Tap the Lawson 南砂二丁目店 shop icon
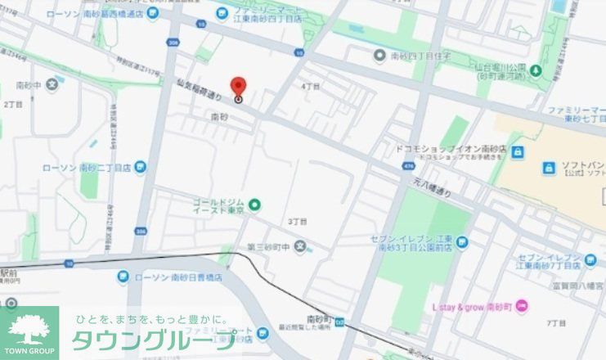[x=141, y=168]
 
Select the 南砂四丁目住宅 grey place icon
[x=379, y=56]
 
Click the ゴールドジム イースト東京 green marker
[x=254, y=204]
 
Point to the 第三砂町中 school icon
[x=300, y=246]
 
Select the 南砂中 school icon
[x=52, y=84]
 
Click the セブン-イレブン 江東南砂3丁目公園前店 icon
[x=461, y=242]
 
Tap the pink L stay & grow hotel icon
[x=523, y=306]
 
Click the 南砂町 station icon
[x=339, y=318]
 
